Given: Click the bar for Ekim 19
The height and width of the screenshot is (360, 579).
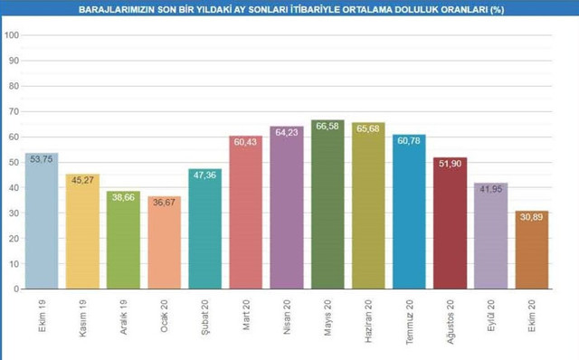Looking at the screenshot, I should click(42, 222).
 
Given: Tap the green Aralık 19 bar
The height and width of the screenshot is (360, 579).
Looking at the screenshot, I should click(123, 241).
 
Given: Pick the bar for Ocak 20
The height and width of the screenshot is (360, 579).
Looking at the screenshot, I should click(164, 243).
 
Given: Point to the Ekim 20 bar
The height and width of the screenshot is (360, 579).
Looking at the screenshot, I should click(531, 251).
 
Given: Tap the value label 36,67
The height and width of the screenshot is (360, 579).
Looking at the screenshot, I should click(164, 202).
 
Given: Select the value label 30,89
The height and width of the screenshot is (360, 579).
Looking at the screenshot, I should click(531, 216).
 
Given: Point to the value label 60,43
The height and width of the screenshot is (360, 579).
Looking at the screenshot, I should click(246, 141).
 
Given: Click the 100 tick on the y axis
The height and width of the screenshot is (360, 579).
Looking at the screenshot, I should click(13, 35).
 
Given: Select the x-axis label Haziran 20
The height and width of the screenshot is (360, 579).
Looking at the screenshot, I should click(369, 316).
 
